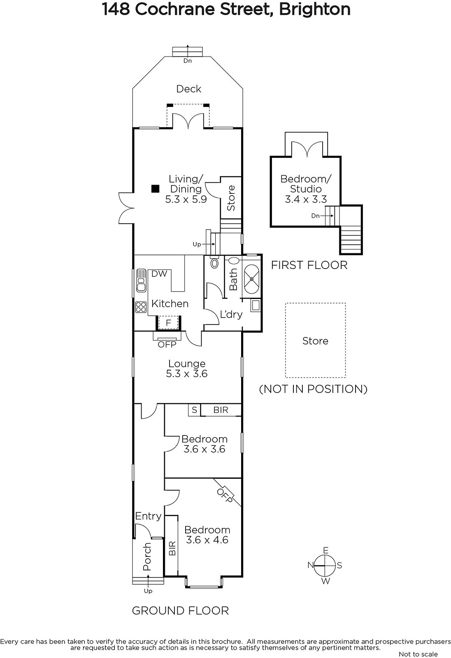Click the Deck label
point(188,89)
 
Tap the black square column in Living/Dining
point(155,189)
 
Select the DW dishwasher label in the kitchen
point(159,274)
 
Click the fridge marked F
point(168,323)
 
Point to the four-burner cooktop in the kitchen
point(141,307)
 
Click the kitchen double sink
point(141,280)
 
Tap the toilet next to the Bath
point(215,262)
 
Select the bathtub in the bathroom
point(252,279)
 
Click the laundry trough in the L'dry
point(255,306)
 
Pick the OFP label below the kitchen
point(167,344)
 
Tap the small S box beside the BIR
point(194,410)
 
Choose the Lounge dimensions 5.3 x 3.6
point(187,374)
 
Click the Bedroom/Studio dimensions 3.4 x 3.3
point(306,199)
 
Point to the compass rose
point(325,565)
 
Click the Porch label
point(147,557)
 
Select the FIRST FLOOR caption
point(309,265)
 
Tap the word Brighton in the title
point(314,9)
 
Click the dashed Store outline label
point(315,341)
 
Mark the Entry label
point(149,516)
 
